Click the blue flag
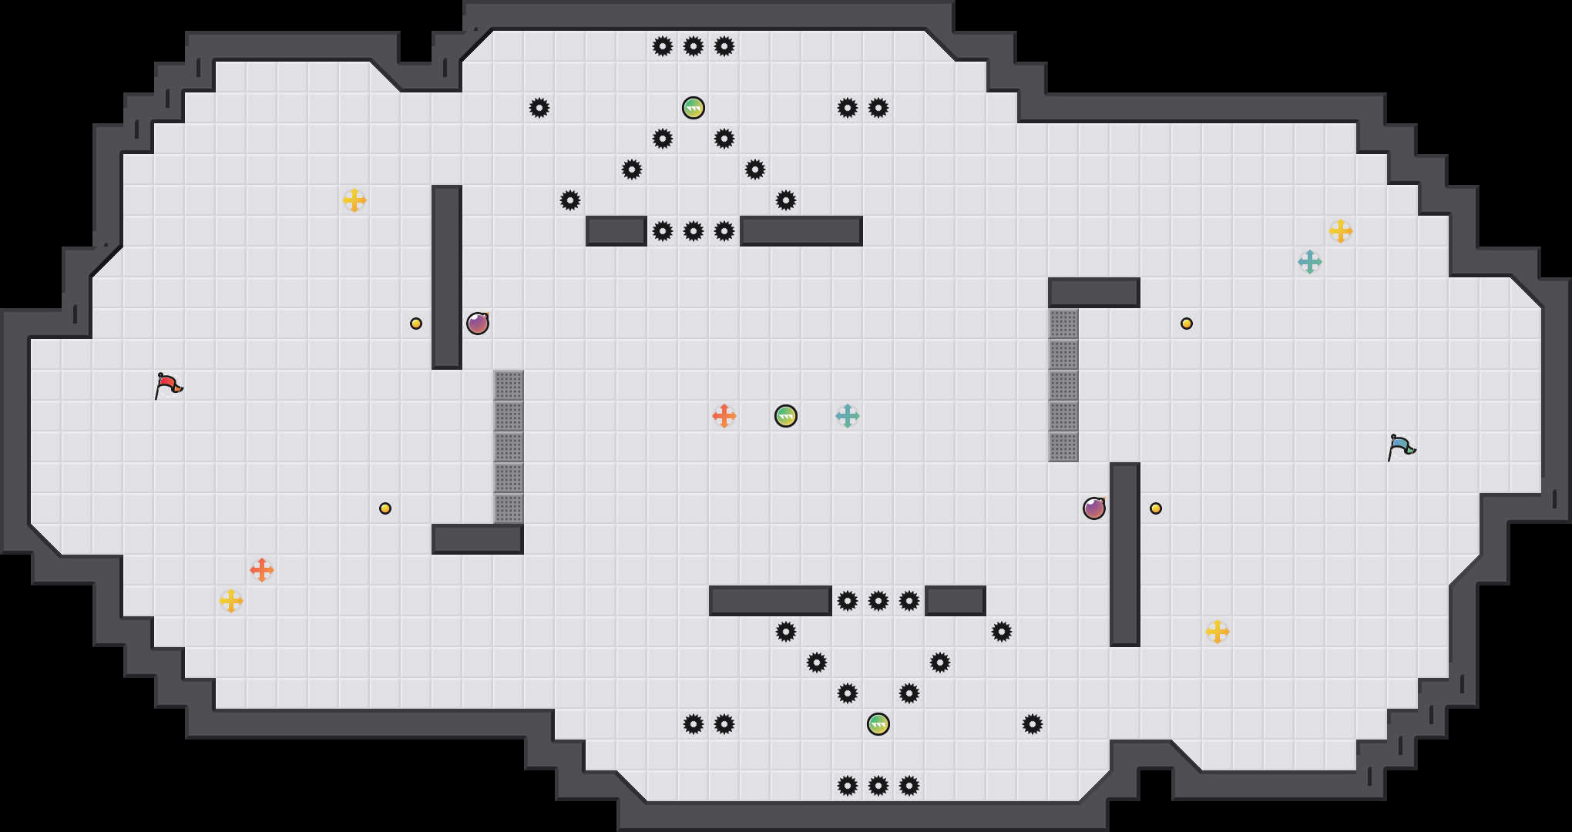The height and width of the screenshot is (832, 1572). [x=1401, y=446]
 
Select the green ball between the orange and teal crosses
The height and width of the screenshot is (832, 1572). [x=786, y=416]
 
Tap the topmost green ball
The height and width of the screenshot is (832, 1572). [x=694, y=108]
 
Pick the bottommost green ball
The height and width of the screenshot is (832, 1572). [x=878, y=724]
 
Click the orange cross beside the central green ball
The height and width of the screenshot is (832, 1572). [x=724, y=416]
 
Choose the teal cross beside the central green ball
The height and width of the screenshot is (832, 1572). [x=848, y=416]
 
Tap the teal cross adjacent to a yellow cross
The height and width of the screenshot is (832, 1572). [x=1310, y=262]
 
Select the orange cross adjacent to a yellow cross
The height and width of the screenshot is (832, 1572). [x=262, y=570]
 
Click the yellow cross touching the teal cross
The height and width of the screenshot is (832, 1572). [x=1341, y=231]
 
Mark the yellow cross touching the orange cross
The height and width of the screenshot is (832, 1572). [x=231, y=601]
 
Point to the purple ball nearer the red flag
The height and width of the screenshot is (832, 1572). [x=478, y=324]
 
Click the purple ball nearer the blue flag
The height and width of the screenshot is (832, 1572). [x=1094, y=508]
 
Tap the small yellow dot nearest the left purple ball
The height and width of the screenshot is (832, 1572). [x=416, y=324]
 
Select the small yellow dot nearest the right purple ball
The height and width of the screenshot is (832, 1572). [x=1156, y=508]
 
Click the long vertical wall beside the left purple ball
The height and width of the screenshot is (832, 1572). [x=447, y=277]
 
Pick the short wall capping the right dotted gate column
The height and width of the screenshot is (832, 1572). [x=1094, y=293]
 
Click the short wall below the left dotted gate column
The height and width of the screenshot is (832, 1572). [x=478, y=539]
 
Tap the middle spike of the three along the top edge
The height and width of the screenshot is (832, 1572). [x=694, y=46]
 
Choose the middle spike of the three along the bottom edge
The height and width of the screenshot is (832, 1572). [x=878, y=786]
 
